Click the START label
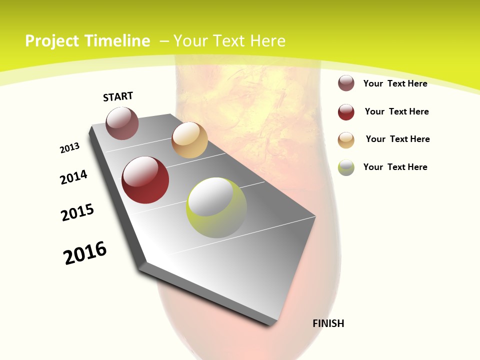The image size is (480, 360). click(118, 96)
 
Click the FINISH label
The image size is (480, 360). click(328, 323)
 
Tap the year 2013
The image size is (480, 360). click(69, 148)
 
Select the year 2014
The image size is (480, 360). click(74, 177)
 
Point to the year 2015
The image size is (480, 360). click(77, 212)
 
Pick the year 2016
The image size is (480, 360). click(85, 252)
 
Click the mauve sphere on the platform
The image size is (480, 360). click(122, 123)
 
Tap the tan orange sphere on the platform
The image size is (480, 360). click(189, 140)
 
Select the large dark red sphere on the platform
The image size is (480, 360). click(145, 180)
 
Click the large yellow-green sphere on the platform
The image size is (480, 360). click(216, 207)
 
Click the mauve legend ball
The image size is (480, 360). click(346, 83)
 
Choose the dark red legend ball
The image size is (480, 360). click(346, 112)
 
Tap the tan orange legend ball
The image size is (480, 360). click(346, 140)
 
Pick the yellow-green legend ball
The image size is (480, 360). click(346, 167)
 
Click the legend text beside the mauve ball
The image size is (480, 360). click(395, 83)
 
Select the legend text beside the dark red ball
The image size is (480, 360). click(396, 111)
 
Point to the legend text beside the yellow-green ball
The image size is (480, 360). click(395, 167)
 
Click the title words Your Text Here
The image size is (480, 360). click(229, 41)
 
